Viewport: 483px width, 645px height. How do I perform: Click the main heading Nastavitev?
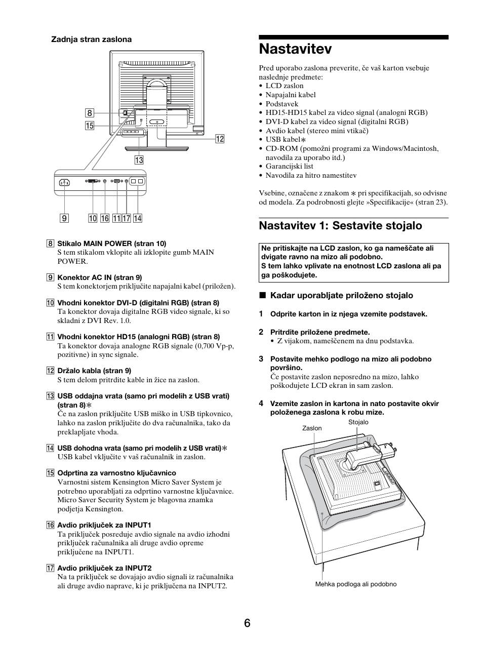coord(295,49)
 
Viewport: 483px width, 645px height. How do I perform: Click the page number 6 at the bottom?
coord(247,623)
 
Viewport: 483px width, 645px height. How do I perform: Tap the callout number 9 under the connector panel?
coord(64,218)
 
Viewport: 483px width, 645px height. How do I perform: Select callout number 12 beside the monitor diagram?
coord(219,139)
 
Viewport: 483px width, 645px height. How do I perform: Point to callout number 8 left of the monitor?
coord(90,113)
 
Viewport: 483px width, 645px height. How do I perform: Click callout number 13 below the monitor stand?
coord(139,160)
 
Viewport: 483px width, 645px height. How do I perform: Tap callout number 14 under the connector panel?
coord(137,218)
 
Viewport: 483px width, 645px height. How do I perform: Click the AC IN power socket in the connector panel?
coord(64,183)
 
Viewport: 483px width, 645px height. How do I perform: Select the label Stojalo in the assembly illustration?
coord(358,422)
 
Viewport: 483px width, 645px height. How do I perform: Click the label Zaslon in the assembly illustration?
coord(312,428)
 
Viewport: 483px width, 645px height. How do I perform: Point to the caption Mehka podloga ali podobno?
coord(355,584)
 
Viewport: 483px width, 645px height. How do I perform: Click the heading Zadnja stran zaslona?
coord(91,39)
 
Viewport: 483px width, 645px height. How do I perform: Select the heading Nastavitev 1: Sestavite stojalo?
coord(340,226)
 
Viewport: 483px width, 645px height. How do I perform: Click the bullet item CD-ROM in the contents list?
coord(352,148)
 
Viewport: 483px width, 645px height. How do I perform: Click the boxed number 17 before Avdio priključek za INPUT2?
coord(50,568)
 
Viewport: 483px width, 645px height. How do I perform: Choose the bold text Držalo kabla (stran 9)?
coord(94,371)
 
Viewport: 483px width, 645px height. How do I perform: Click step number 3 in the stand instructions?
coord(261,359)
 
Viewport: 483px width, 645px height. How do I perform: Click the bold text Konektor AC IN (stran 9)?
coord(99,277)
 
